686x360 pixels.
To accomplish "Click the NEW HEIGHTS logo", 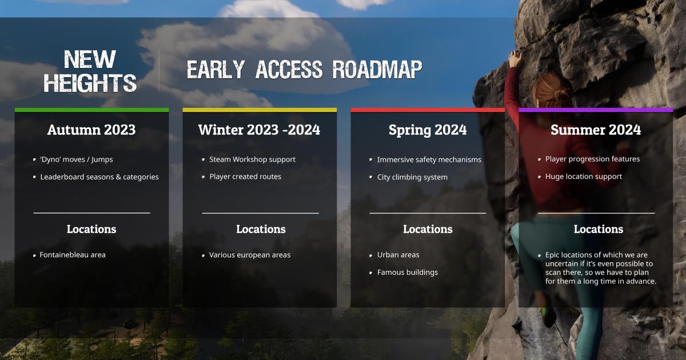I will [90, 71].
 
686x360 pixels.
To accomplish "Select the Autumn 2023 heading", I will [91, 130].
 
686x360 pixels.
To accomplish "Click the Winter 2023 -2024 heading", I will [259, 130].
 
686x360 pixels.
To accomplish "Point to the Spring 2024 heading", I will [428, 130].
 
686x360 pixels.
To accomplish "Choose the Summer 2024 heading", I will [596, 130].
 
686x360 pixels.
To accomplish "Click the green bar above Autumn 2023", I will [91, 110].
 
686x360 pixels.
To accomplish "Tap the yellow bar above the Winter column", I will [260, 110].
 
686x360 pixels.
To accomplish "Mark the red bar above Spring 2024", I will [428, 110].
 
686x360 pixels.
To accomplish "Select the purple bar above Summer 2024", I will [596, 110].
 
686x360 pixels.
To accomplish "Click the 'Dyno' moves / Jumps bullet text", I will [77, 159].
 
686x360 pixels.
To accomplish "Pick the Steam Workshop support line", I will [252, 159].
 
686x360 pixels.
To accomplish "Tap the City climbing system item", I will [412, 177].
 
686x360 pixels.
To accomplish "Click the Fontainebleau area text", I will [73, 255].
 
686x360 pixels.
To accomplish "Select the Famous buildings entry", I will [408, 273].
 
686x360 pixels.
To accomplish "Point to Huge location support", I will [584, 177].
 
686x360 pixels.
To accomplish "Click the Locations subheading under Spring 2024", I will [428, 229].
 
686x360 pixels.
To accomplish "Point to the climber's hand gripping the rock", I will [515, 58].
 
